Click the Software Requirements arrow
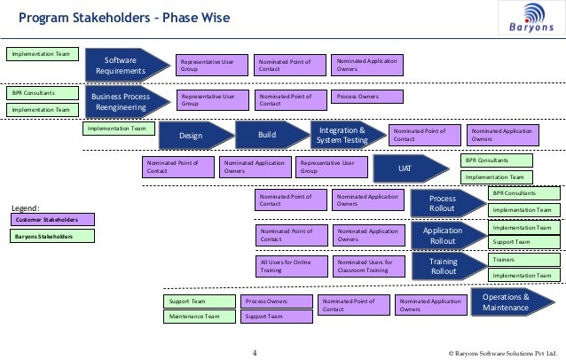click(x=125, y=65)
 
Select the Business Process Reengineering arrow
click(x=125, y=103)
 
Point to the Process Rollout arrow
click(x=444, y=203)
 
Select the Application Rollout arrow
click(x=444, y=235)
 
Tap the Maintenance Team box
click(x=199, y=317)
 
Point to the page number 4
click(x=255, y=353)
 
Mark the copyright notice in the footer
click(x=503, y=353)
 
